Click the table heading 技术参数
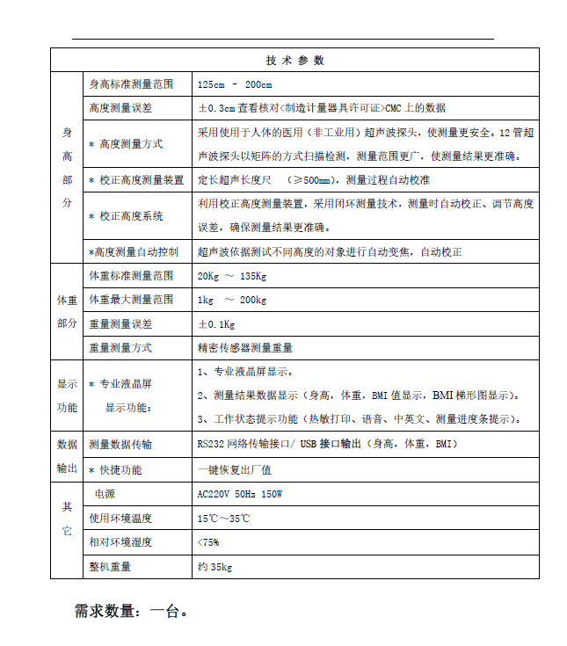pyautogui.click(x=294, y=61)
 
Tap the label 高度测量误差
pyautogui.click(x=120, y=108)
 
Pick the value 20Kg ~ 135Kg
pyautogui.click(x=232, y=276)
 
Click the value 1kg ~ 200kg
pyautogui.click(x=232, y=300)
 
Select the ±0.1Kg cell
pyautogui.click(x=216, y=323)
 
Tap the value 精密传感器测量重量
pyautogui.click(x=245, y=348)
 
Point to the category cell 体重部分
pyautogui.click(x=67, y=312)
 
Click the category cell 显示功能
pyautogui.click(x=67, y=396)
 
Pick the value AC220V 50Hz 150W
pyautogui.click(x=240, y=494)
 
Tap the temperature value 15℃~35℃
pyautogui.click(x=224, y=519)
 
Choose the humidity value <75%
pyautogui.click(x=209, y=542)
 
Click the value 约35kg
pyautogui.click(x=215, y=567)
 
